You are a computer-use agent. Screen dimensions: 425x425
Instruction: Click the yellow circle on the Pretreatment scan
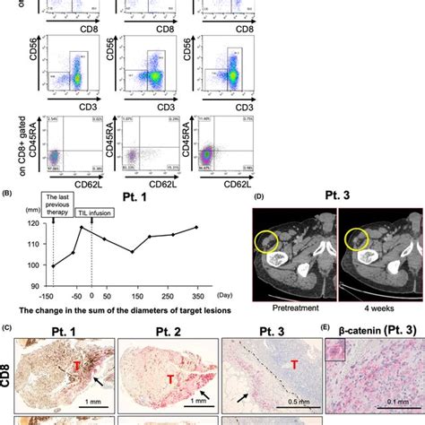click(x=267, y=241)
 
